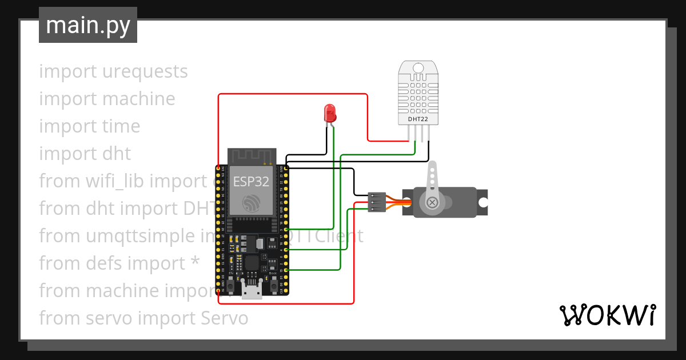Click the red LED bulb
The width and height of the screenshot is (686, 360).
pos(330,113)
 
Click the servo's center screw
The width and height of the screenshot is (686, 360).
pos(433,202)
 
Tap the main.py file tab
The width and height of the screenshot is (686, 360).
pos(88,25)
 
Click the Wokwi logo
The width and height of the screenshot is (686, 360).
pos(607,315)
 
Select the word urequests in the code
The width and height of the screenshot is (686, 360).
pos(145,71)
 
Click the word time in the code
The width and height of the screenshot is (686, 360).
pos(122,126)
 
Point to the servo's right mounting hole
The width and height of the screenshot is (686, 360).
pos(483,202)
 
